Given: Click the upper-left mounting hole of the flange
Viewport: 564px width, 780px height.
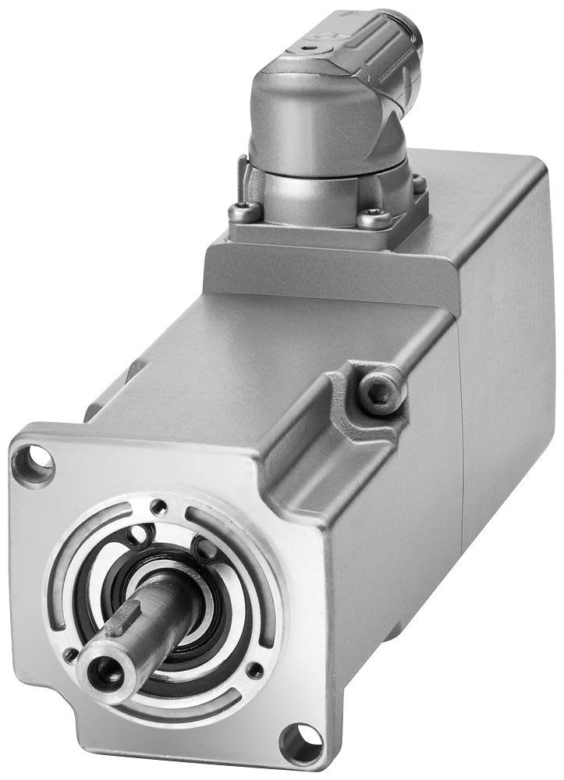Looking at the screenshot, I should click(36, 460).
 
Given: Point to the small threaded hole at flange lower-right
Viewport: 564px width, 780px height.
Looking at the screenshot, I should click(253, 670).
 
